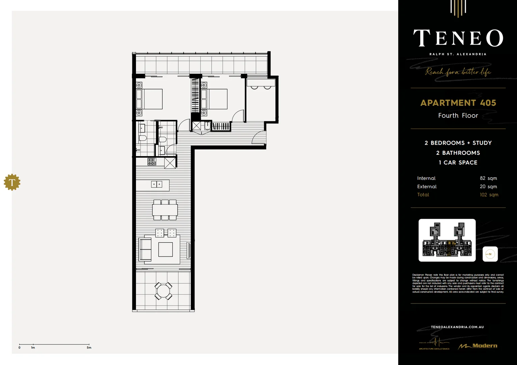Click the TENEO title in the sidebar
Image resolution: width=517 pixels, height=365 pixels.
[458, 38]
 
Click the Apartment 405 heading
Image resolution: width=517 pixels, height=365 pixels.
[458, 103]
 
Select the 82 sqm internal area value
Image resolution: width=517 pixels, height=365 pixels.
[488, 178]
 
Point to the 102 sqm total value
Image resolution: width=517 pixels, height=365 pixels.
[489, 195]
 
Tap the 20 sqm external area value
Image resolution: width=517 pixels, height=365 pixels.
[488, 187]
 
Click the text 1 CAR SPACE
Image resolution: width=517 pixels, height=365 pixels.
[458, 163]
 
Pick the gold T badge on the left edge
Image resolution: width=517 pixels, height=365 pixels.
[12, 182]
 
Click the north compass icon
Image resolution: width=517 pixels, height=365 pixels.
[490, 254]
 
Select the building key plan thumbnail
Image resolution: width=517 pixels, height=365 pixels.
[447, 240]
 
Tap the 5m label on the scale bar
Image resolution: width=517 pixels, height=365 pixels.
[89, 347]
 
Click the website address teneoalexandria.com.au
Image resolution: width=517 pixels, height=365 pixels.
[457, 327]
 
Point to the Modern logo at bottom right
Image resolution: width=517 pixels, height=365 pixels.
[478, 346]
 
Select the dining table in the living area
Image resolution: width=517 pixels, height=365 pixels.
[165, 210]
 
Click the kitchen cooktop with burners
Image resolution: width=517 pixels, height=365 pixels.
[152, 162]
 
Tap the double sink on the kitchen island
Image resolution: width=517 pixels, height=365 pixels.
[156, 184]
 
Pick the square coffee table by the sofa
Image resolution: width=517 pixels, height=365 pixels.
[165, 249]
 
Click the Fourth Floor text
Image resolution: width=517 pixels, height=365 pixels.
[458, 116]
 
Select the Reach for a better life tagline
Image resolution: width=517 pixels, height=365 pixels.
[458, 72]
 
